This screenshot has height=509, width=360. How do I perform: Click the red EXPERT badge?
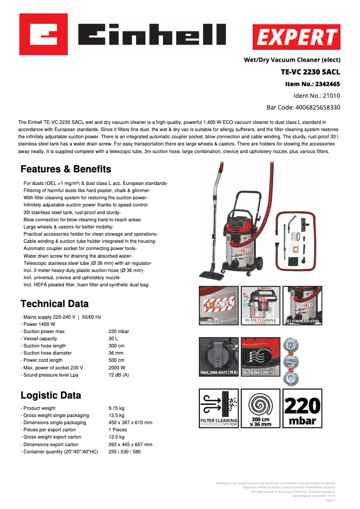(296, 37)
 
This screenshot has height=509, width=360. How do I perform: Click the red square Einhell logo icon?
(44, 34)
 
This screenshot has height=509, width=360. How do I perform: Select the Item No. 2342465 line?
(312, 84)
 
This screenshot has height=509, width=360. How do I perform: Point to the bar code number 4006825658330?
(303, 107)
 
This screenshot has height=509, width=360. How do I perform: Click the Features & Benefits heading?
(66, 169)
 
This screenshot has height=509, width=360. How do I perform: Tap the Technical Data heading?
(55, 304)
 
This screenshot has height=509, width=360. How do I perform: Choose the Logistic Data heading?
(51, 395)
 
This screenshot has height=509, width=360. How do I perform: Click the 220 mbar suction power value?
(119, 331)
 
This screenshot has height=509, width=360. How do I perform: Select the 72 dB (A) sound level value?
(119, 375)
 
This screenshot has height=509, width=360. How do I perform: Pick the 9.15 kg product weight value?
(116, 408)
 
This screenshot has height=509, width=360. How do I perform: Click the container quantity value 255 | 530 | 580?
(124, 452)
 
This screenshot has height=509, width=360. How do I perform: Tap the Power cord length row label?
(43, 360)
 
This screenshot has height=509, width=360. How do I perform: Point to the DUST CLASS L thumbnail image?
(219, 305)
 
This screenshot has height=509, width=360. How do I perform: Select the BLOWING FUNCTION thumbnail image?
(260, 357)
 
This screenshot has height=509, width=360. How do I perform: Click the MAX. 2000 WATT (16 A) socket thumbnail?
(219, 357)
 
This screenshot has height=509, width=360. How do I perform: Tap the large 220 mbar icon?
(302, 408)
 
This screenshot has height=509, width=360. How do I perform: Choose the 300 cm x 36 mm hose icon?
(260, 408)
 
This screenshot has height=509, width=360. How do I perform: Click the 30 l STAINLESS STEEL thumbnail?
(302, 305)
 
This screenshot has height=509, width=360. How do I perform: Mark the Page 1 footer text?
(330, 500)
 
